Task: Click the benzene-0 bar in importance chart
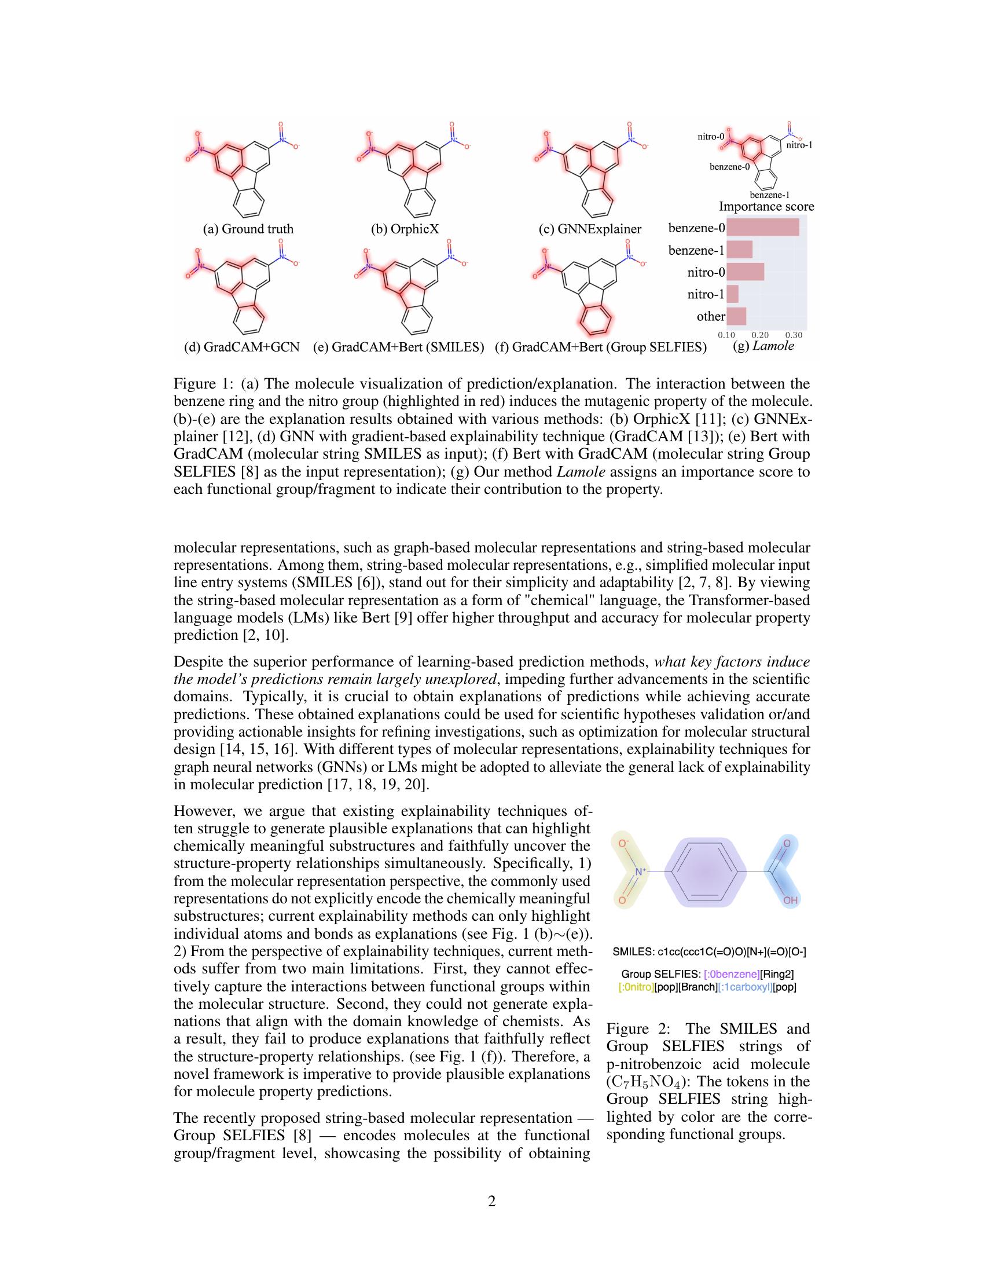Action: (x=762, y=228)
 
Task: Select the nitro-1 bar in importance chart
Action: (x=733, y=294)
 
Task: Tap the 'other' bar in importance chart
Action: (x=736, y=316)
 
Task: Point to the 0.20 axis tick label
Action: (x=759, y=335)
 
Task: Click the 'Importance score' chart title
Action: (x=766, y=207)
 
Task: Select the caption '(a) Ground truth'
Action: (x=248, y=229)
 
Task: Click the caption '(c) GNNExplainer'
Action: (x=589, y=229)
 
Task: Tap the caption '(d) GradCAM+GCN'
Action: (x=241, y=347)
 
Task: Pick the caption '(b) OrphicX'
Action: (x=405, y=229)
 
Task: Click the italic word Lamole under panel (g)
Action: (x=773, y=346)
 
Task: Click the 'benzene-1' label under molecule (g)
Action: (x=769, y=195)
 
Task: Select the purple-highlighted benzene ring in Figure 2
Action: (x=706, y=872)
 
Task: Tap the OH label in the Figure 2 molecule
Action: (x=790, y=900)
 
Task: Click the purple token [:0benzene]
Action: (x=731, y=974)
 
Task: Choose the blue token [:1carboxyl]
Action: (x=744, y=987)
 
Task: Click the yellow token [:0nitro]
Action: (x=636, y=987)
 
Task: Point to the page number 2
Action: (x=491, y=1201)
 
